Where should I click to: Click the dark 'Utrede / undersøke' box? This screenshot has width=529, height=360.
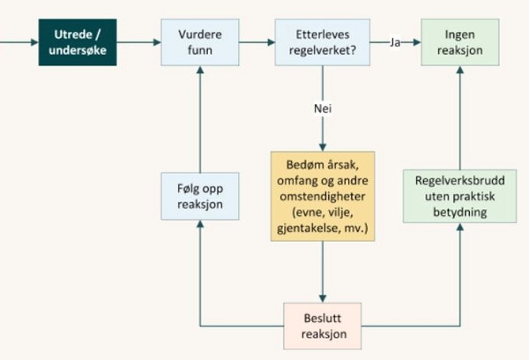click(78, 41)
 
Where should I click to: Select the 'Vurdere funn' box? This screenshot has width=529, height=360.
click(199, 41)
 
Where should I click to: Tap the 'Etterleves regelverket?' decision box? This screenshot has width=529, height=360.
click(323, 41)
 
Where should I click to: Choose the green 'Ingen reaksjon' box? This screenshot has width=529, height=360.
click(460, 41)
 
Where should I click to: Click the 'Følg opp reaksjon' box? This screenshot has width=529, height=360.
click(199, 195)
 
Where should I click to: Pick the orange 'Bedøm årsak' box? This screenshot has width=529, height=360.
click(323, 196)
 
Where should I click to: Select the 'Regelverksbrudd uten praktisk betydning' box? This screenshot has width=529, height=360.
click(460, 196)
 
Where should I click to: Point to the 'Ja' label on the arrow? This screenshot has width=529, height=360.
click(396, 41)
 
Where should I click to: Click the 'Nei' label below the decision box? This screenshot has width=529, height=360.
click(323, 109)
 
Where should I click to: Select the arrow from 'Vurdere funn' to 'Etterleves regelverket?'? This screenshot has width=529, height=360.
click(259, 41)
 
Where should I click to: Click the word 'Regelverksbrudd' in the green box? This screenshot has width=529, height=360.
click(460, 179)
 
